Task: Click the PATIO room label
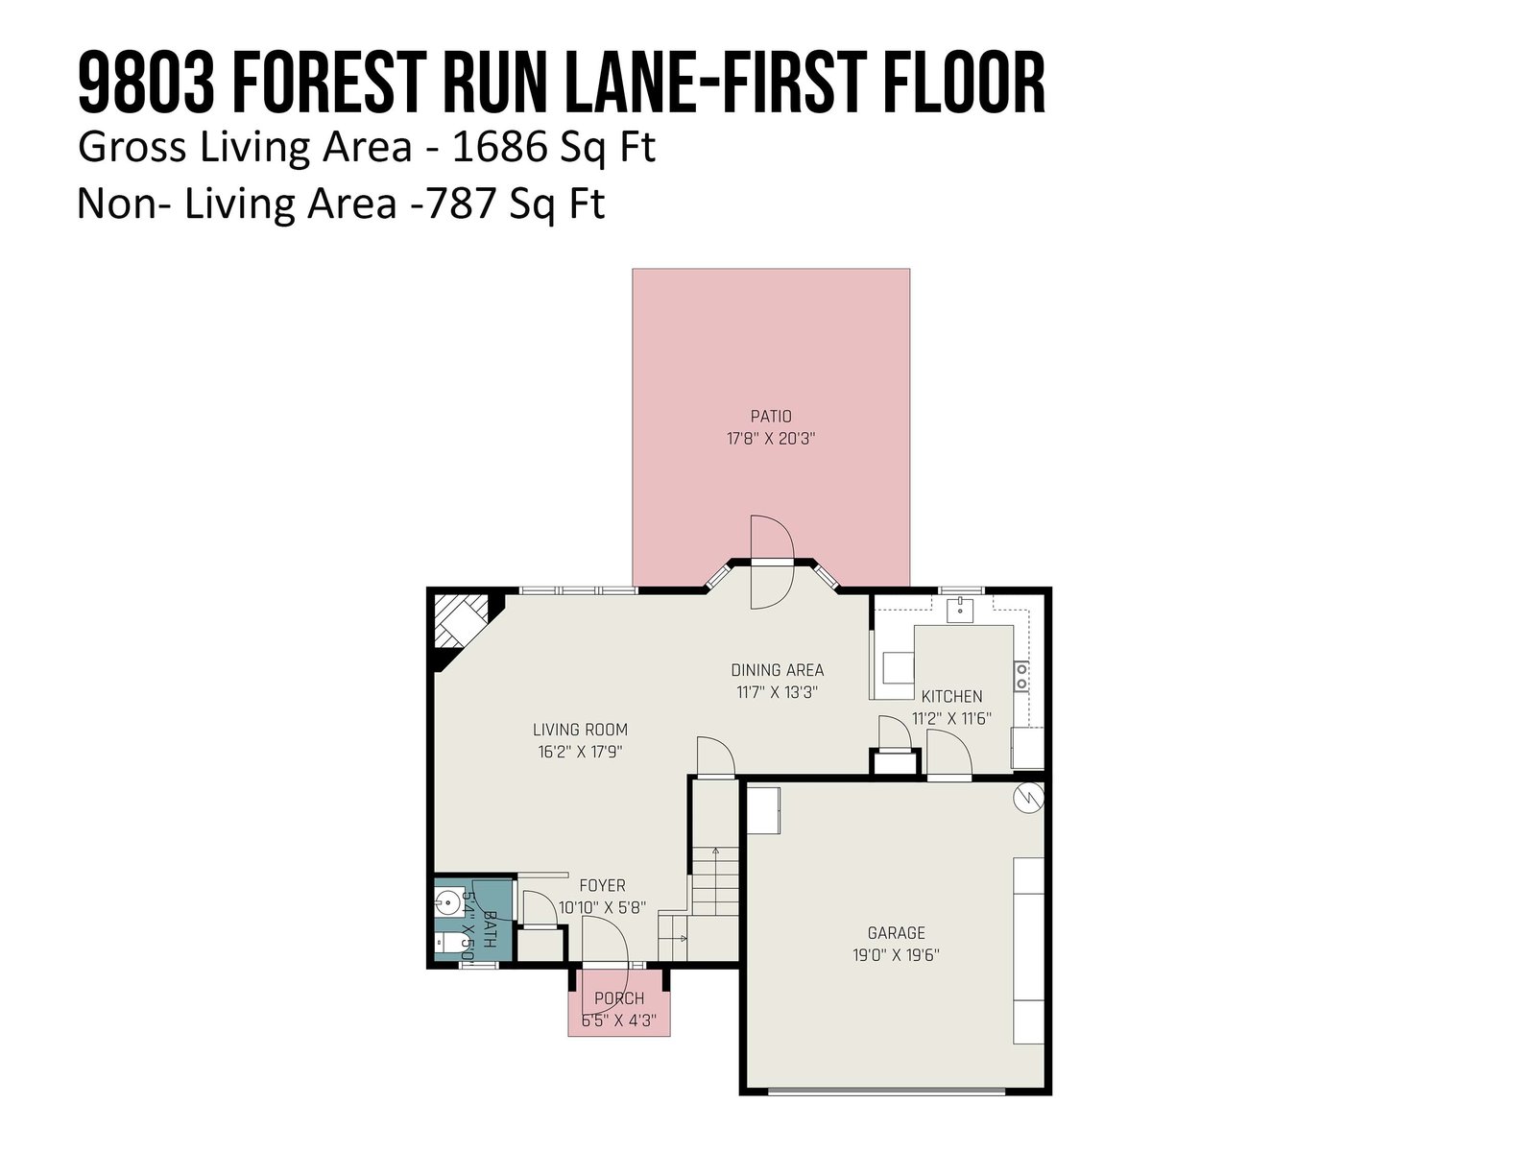coord(771,417)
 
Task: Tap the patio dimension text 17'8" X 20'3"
coord(771,440)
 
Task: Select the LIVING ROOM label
coord(580,730)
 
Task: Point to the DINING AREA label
coord(777,670)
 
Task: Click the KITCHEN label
coord(951,696)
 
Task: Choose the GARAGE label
coord(896,932)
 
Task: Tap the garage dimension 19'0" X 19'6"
coord(896,955)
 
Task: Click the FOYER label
coord(602,885)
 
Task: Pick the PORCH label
coord(618,998)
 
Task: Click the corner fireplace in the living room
coord(460,620)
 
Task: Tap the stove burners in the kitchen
coord(1021,676)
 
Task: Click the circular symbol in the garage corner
coord(1029,798)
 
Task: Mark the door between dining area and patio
coord(772,562)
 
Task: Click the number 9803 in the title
coord(146,83)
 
